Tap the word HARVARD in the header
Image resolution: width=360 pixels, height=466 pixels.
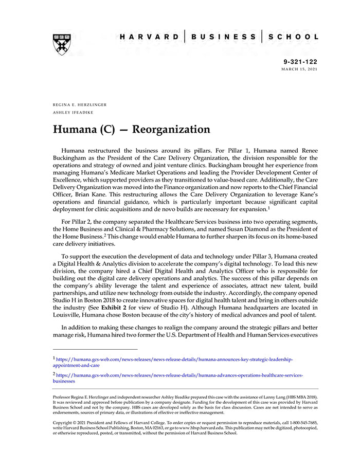tap(149, 37)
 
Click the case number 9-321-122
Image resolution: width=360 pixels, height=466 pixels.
tap(300, 61)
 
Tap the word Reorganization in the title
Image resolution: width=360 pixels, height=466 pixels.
tap(171, 129)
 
